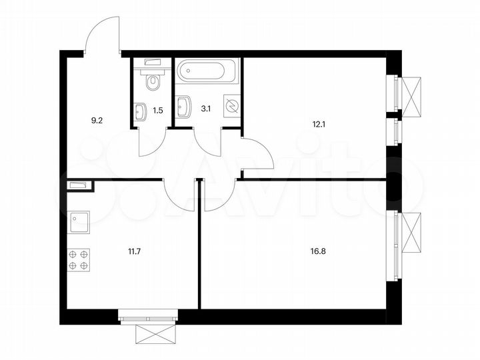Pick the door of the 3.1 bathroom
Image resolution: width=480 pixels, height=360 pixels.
point(208,141)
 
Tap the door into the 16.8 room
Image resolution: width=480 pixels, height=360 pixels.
point(218,195)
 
